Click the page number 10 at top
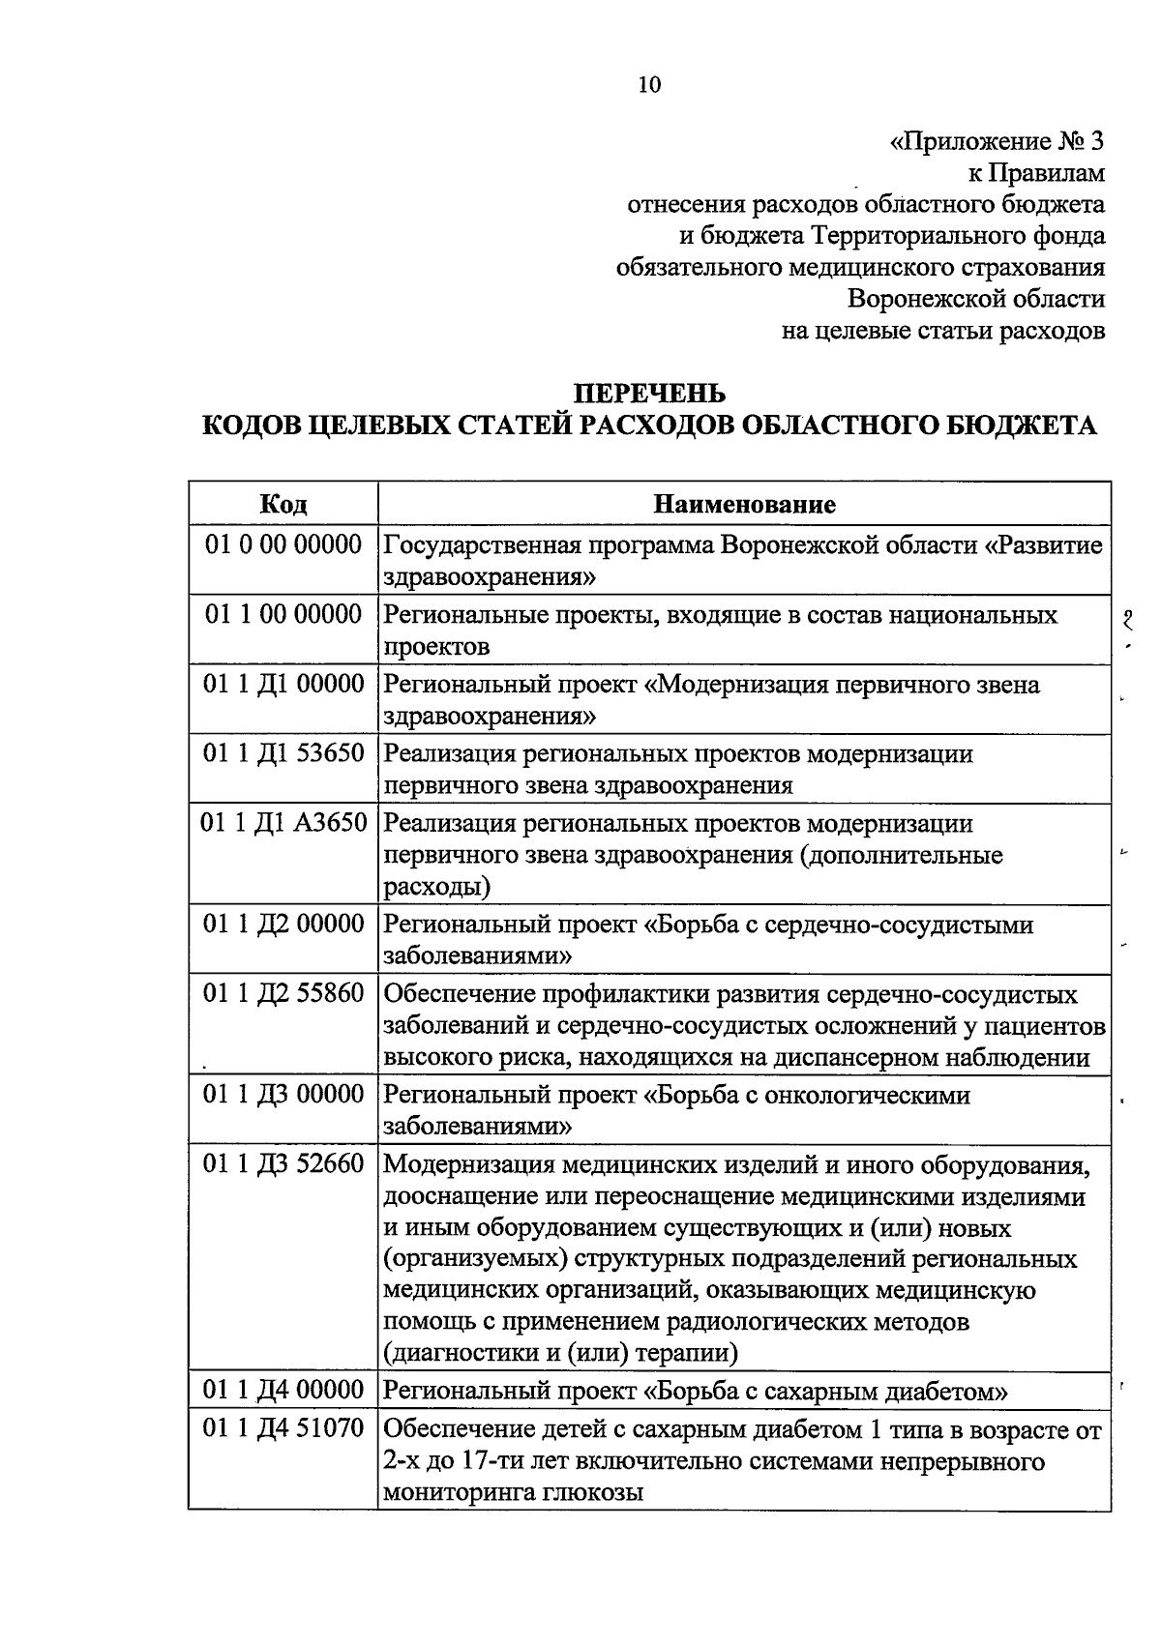649,85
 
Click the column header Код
283,504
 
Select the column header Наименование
744,504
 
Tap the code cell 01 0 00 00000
283,544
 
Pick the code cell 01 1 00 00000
283,614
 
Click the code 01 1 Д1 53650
283,753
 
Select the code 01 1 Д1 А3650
283,823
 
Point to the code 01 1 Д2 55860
283,993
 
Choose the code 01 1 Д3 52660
283,1165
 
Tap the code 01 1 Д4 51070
283,1428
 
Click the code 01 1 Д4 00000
283,1391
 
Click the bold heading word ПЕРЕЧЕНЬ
649,395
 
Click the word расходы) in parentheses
436,886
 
